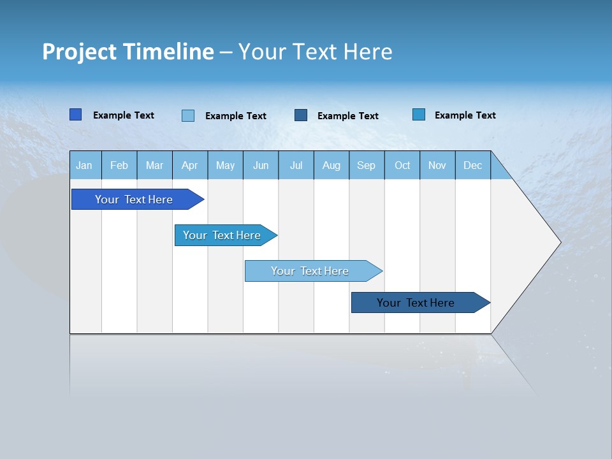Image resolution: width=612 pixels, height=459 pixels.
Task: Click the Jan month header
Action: (85, 165)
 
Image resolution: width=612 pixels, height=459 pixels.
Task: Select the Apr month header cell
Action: (190, 165)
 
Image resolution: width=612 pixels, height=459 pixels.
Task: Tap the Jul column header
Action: (296, 165)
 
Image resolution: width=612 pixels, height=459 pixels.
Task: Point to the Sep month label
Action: (366, 165)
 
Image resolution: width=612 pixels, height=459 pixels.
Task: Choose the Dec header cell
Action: (472, 165)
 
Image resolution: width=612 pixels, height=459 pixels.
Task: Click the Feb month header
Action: (119, 165)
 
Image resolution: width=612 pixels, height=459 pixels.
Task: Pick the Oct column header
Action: (402, 165)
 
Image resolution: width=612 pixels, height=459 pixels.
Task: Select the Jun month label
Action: (261, 165)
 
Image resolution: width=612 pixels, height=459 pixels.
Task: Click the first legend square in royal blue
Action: (76, 115)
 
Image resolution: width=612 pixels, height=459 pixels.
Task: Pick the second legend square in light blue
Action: (188, 115)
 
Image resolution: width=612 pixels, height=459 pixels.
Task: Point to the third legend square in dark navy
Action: (301, 115)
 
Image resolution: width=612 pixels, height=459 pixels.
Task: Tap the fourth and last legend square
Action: (419, 115)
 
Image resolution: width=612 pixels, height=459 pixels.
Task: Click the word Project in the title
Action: (79, 52)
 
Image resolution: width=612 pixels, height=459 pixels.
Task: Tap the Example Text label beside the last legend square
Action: (465, 115)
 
